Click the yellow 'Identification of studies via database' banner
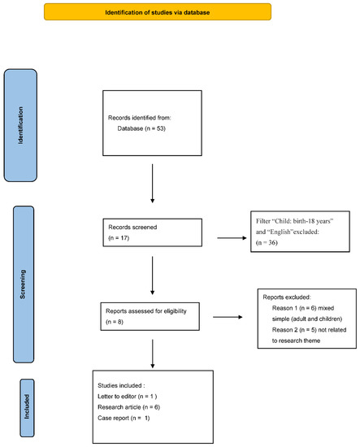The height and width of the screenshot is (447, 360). pos(158,12)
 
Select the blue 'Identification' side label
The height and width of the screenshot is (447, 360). pos(20,125)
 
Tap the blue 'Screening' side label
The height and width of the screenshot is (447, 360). pos(24,284)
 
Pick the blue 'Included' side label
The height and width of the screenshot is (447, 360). pos(27,408)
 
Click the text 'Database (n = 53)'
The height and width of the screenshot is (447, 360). pos(141,128)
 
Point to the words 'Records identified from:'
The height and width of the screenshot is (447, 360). pos(140,118)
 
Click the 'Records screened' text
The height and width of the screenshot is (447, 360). pos(132,228)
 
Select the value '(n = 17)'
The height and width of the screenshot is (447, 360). pos(119,238)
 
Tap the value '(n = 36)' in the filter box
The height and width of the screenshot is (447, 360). pos(267,243)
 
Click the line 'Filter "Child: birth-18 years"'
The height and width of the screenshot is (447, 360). pos(294,221)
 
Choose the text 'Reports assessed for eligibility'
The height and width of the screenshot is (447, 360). pos(146,311)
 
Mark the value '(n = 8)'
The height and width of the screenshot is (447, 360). pos(115,322)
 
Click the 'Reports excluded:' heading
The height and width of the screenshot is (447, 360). pos(287,297)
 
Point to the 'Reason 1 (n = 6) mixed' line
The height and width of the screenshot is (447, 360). pos(303,308)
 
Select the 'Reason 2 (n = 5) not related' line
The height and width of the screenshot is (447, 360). pos(310,330)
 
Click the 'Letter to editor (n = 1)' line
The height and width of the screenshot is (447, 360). pos(127,397)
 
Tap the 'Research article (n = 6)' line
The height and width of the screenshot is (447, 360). pos(129,407)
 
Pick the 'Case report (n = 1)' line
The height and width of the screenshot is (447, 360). pos(124,418)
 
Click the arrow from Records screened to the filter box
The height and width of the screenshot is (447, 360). pos(232,238)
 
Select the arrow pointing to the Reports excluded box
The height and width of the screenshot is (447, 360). pos(228,317)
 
